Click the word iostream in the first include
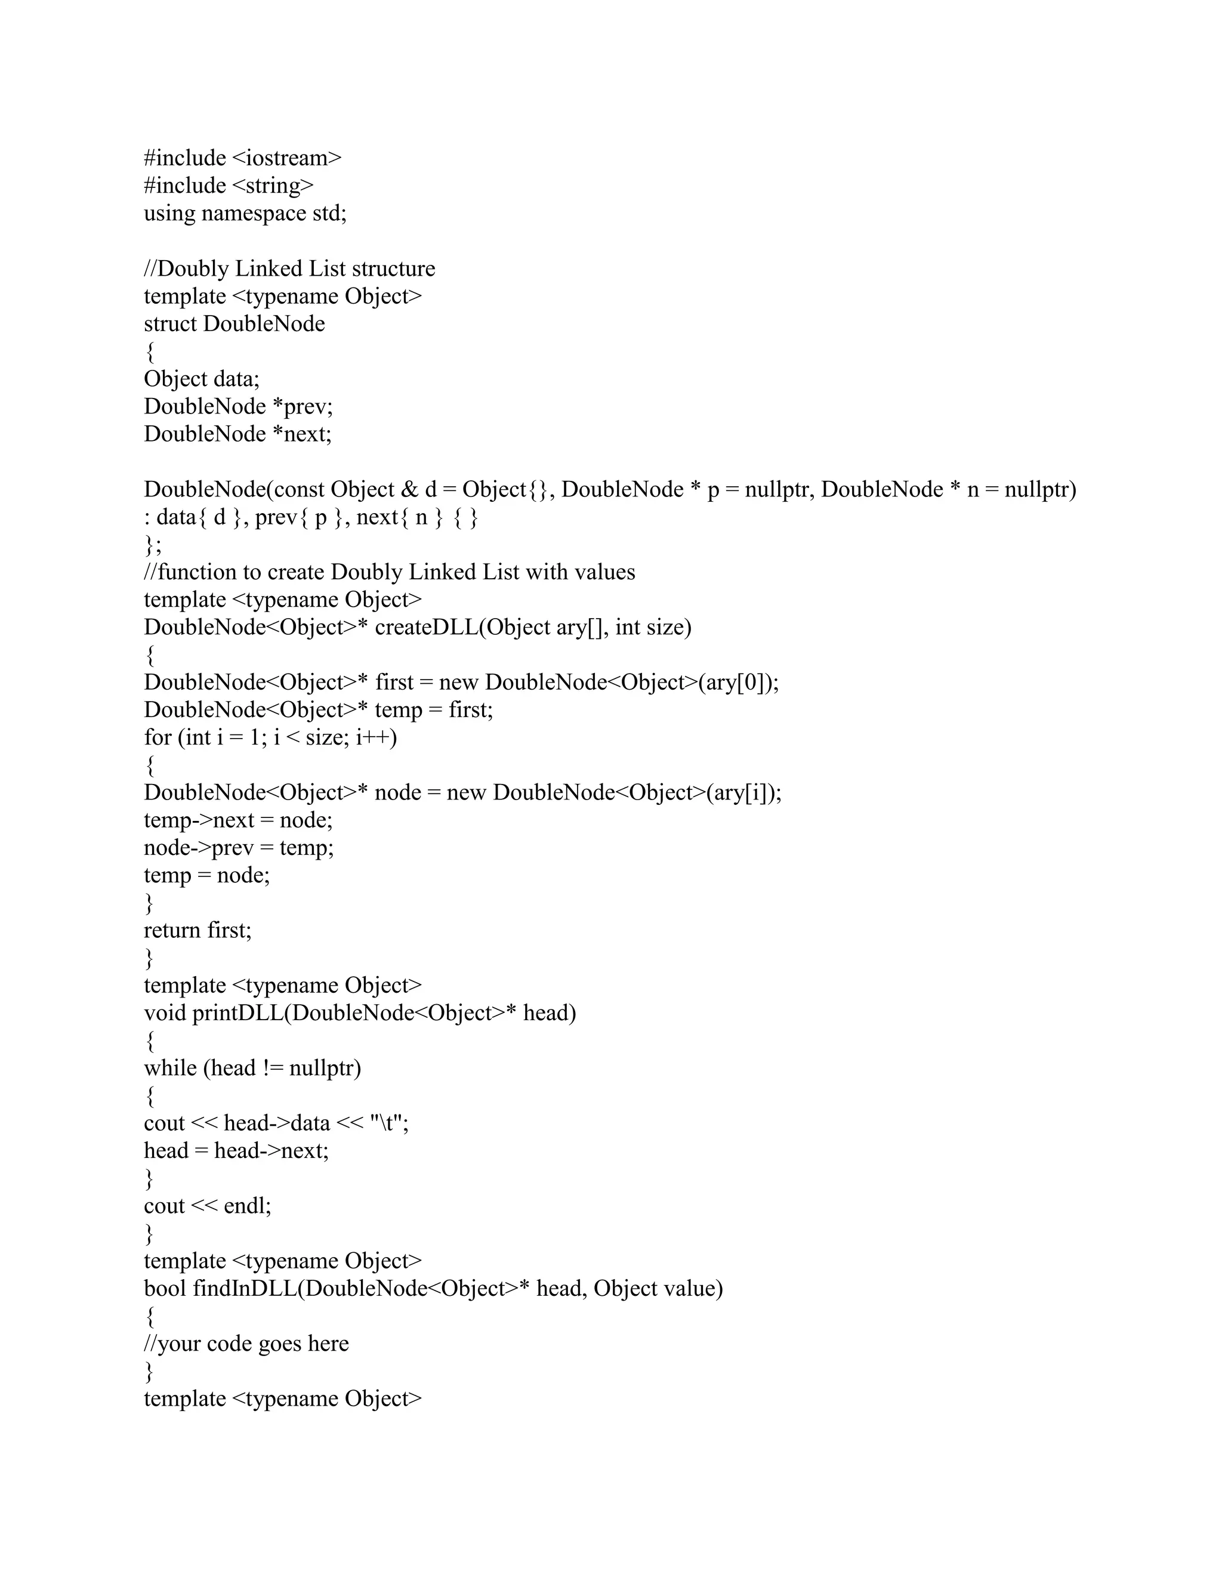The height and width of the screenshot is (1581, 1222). point(286,158)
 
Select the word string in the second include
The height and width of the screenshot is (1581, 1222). point(273,186)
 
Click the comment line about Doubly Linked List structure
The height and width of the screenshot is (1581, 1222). point(289,268)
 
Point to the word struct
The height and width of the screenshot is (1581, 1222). point(170,323)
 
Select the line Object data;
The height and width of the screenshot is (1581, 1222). point(201,379)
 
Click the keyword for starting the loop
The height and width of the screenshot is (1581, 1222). point(157,737)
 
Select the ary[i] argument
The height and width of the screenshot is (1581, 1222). point(740,793)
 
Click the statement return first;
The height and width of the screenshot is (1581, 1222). point(198,930)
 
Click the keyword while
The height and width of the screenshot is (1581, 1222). point(170,1069)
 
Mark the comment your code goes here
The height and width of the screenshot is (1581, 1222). point(246,1344)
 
